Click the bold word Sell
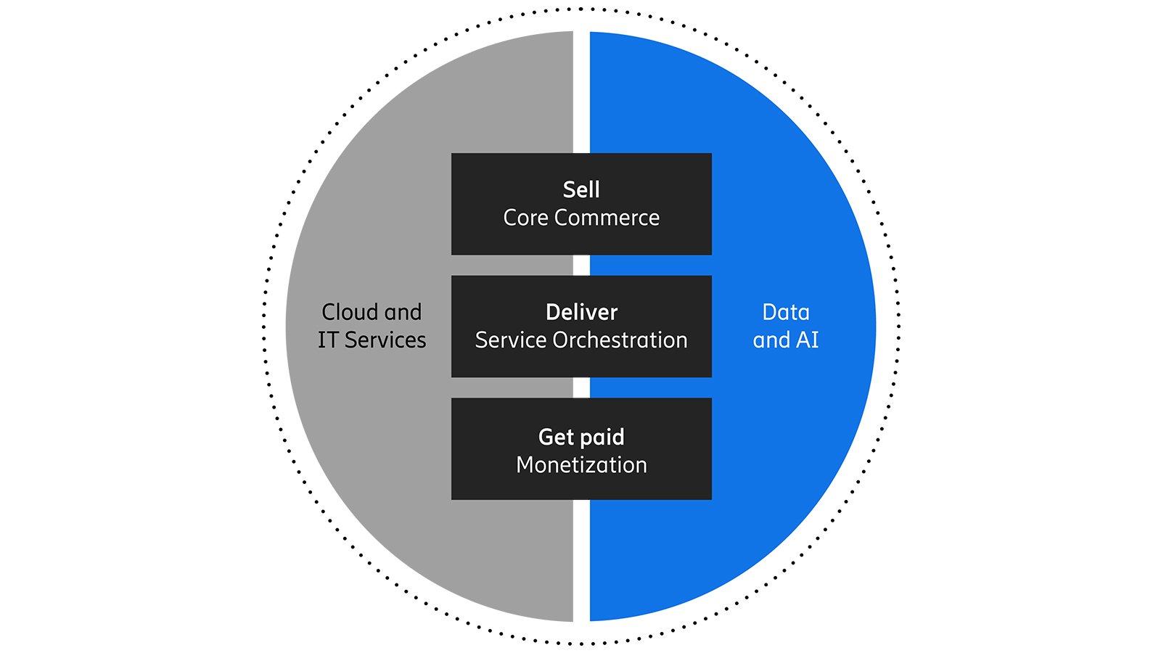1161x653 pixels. (x=581, y=190)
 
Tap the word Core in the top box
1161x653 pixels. (x=525, y=218)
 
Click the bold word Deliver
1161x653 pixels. (x=581, y=313)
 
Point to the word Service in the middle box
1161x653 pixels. (x=511, y=340)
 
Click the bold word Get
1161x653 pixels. (x=557, y=438)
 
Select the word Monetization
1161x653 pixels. (x=581, y=465)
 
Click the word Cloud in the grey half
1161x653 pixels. (x=350, y=313)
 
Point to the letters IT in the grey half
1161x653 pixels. (x=328, y=340)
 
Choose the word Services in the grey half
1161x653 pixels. (x=385, y=340)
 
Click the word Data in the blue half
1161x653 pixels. (x=786, y=313)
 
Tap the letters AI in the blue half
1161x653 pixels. (x=808, y=340)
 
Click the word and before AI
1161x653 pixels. (x=771, y=340)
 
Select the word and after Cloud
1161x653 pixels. (x=403, y=313)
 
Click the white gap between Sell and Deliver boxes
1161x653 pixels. (x=581, y=265)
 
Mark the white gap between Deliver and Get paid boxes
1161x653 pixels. (x=581, y=387)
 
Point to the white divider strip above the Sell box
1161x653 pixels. (x=581, y=94)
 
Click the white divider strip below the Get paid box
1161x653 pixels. (x=581, y=559)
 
